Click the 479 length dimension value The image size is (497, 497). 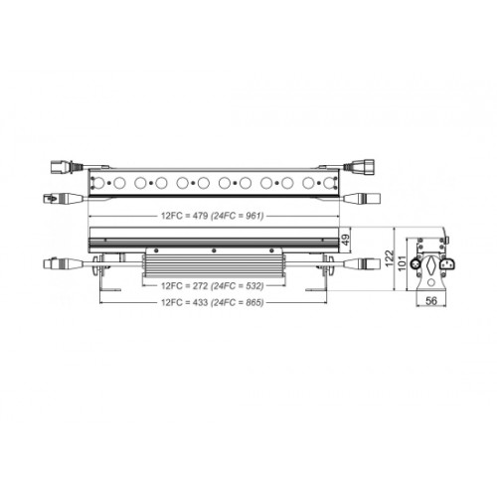coord(199,216)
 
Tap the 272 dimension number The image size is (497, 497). coord(199,285)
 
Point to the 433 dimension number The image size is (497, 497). coord(199,302)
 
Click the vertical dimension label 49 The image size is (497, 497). coord(345,240)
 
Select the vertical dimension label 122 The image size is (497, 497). coord(389,258)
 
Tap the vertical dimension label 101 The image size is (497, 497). coord(402,263)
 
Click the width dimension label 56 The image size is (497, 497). coord(431,301)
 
